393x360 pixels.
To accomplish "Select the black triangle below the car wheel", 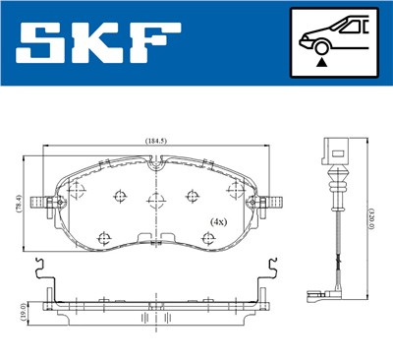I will coord(320,62).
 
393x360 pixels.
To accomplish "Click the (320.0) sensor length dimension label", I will coord(370,212).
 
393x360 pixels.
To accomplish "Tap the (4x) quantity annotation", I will coord(219,223).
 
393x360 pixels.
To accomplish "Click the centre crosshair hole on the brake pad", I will coord(155,203).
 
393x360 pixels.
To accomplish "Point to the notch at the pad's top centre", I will coord(153,170).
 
